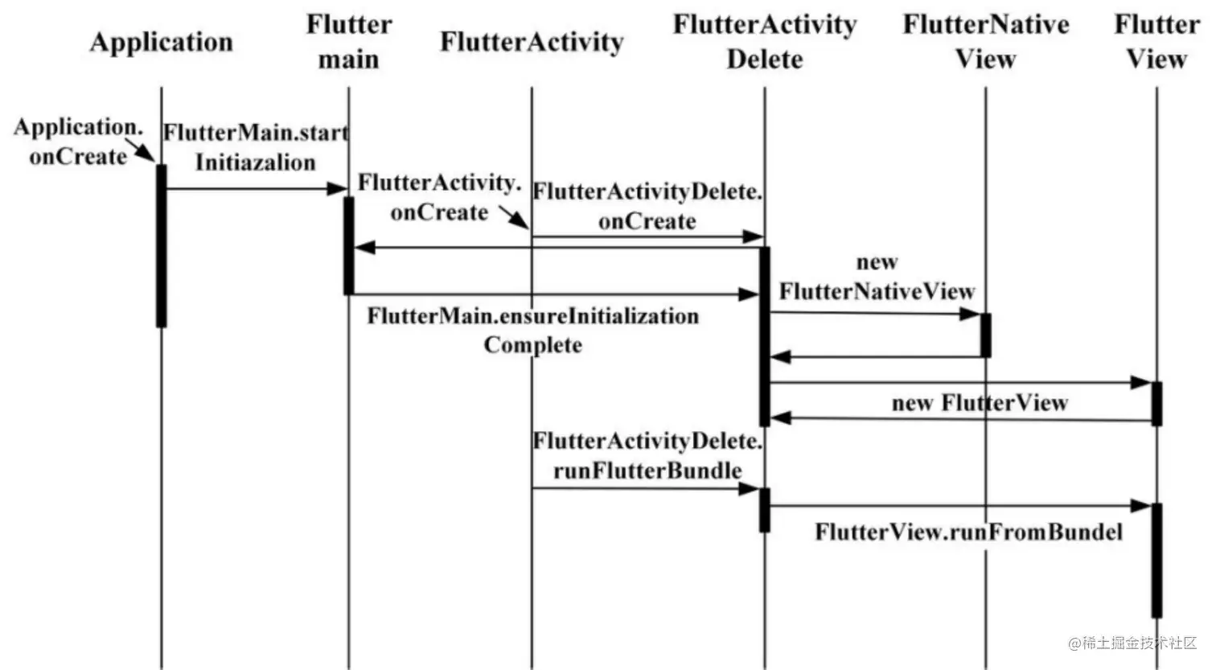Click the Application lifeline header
click(x=161, y=42)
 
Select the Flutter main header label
click(x=348, y=42)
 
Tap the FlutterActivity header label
click(x=532, y=42)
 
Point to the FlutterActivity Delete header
click(x=765, y=42)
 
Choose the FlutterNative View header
click(x=986, y=42)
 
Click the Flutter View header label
click(x=1156, y=42)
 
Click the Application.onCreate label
click(x=78, y=142)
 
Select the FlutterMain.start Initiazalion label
click(x=256, y=147)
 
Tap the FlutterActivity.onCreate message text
click(x=439, y=197)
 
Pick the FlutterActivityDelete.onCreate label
click(x=647, y=206)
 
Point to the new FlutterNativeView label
click(x=877, y=277)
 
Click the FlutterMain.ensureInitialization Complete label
click(x=532, y=330)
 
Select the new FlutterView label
click(x=980, y=402)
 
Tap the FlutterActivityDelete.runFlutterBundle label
click(x=647, y=455)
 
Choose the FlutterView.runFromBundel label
click(x=968, y=532)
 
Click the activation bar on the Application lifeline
click(x=161, y=245)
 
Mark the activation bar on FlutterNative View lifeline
click(x=985, y=335)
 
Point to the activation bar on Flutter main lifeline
click(x=349, y=245)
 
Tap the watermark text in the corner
click(x=1132, y=643)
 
